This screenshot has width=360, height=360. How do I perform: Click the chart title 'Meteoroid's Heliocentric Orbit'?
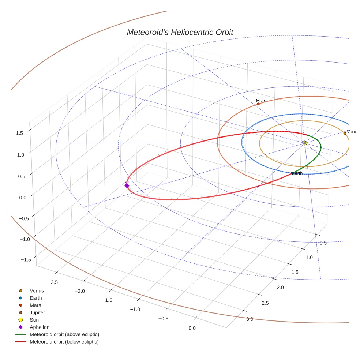coord(180,32)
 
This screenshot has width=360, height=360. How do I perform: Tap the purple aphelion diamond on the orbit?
coord(127,185)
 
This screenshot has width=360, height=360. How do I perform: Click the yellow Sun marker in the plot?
coord(305,143)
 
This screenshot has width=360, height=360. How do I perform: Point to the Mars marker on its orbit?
coord(258,104)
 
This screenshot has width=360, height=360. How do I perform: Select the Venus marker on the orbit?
coord(345,134)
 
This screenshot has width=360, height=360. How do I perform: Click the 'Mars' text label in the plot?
coord(261,100)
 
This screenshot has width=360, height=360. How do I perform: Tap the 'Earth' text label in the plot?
coord(297,173)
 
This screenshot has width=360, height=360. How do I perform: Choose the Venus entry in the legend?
coord(37,291)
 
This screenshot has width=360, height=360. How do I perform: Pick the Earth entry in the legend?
coord(35,298)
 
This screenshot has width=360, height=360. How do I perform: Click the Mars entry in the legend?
coord(35,305)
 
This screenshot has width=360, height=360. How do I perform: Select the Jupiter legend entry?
coord(37,312)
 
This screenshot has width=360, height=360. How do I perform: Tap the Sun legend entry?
coord(34,320)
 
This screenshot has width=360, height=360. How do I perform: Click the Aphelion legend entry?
coord(40,327)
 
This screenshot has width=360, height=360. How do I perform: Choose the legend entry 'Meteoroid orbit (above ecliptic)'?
coord(64,334)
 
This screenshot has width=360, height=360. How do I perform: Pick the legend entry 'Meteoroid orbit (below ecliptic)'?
coord(64,342)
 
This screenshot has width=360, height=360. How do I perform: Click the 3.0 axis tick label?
coord(250,319)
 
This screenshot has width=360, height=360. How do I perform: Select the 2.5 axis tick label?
coord(265,303)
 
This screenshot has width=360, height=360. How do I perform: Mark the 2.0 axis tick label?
coord(280,288)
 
